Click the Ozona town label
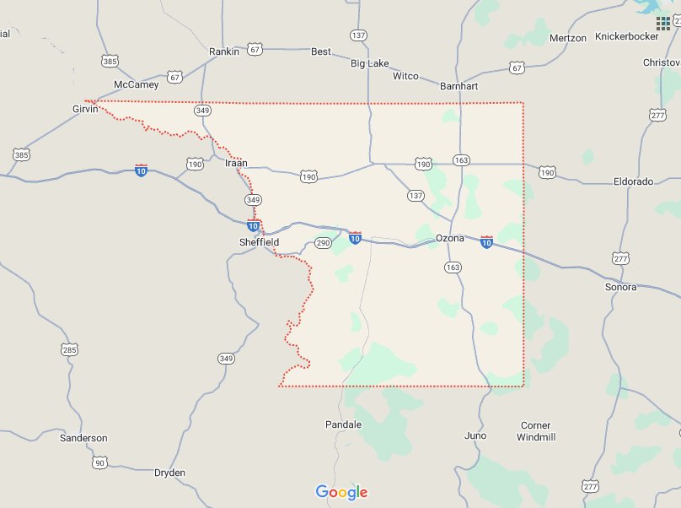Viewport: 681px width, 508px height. [x=450, y=238]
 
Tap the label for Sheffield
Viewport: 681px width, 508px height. [x=259, y=242]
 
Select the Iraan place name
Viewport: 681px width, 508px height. [x=236, y=163]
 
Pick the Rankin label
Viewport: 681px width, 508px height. [x=224, y=51]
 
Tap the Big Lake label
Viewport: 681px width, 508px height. [x=369, y=63]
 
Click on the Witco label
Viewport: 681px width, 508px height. [x=405, y=76]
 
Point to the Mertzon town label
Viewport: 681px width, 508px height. [x=567, y=38]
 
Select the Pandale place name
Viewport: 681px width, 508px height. [x=343, y=424]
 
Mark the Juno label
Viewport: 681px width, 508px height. [x=475, y=435]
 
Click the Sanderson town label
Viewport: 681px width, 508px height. [x=83, y=438]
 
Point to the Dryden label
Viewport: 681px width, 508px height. [x=169, y=473]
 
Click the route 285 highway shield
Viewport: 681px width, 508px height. [x=69, y=349]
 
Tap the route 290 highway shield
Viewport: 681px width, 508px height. [x=323, y=243]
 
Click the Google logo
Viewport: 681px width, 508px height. [x=341, y=492]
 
